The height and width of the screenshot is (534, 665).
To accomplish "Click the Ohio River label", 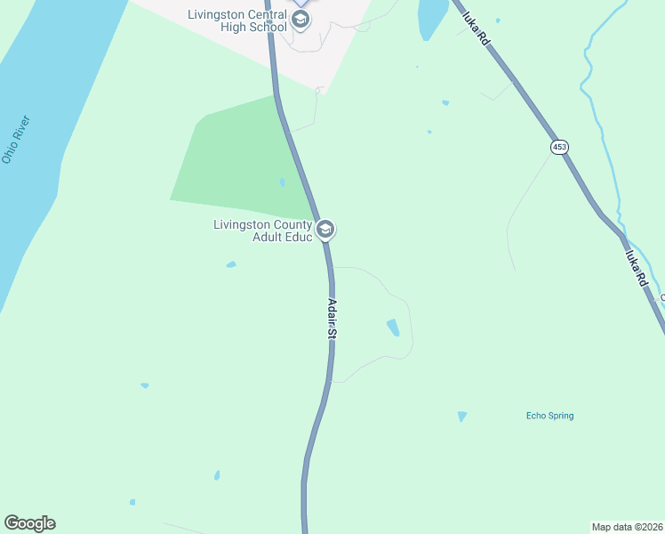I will [16, 140].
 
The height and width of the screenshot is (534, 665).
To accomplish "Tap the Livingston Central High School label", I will [237, 20].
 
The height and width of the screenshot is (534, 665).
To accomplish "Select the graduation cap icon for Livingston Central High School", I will [300, 20].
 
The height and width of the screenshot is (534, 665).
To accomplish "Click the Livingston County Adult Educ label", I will [263, 231].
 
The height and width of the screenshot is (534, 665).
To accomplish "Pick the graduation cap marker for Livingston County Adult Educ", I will [325, 231].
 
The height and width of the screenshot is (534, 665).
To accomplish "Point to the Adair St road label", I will [333, 319].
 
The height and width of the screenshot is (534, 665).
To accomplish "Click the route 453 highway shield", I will [558, 147].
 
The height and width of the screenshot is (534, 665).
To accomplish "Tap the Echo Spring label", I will [549, 416].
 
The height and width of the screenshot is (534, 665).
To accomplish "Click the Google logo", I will [29, 523].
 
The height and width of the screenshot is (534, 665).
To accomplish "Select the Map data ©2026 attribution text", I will [627, 526].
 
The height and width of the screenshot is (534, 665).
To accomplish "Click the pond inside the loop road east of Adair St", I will [392, 328].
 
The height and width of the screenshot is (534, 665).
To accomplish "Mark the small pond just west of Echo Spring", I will [462, 417].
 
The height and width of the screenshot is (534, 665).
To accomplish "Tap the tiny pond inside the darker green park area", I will [282, 182].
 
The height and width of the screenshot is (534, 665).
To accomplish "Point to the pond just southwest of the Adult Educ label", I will [231, 264].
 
